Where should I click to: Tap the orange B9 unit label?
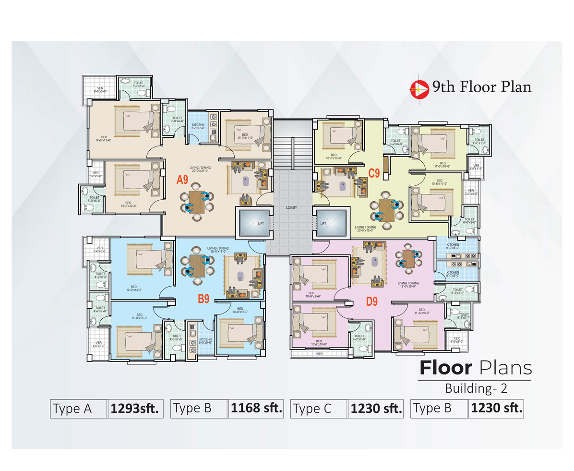[x=203, y=300]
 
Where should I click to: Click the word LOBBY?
[x=291, y=207]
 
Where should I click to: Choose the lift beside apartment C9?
[x=330, y=223]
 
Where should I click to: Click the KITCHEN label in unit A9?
[x=198, y=126]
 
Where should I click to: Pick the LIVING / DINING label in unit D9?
[x=408, y=285]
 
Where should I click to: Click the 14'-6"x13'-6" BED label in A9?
[x=103, y=139]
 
